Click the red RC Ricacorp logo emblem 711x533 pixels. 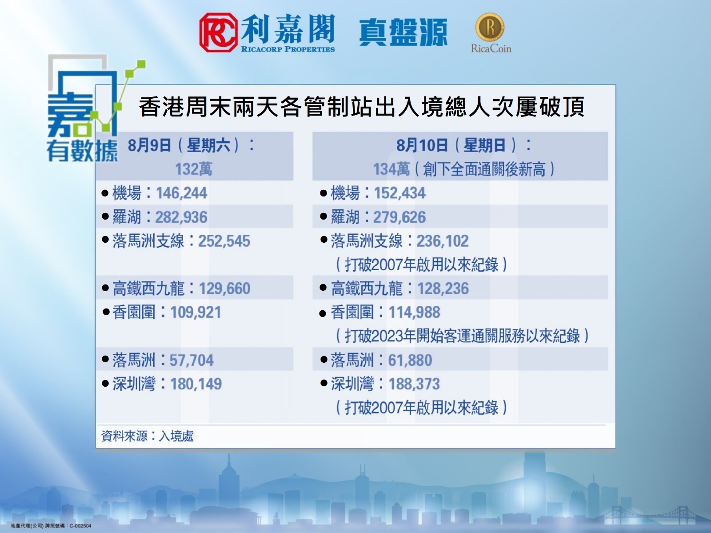[218, 32]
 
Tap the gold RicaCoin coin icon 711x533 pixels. [489, 27]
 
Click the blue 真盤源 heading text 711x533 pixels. [403, 32]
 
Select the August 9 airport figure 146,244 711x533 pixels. [181, 193]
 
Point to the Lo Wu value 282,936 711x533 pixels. [181, 217]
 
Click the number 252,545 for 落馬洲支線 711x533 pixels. [224, 241]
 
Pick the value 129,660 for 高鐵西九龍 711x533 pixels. [224, 289]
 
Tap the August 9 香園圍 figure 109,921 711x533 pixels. [196, 313]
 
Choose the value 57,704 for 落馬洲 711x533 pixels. [192, 361]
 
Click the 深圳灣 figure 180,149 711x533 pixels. [196, 384]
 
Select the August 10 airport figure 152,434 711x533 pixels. [399, 193]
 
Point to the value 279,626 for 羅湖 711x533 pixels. [399, 217]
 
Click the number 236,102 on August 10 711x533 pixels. [443, 241]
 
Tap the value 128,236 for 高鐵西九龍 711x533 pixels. [443, 289]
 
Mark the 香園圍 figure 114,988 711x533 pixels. [414, 313]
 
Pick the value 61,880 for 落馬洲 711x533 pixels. [410, 361]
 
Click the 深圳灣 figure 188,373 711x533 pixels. [414, 384]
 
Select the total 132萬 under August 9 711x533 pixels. [194, 169]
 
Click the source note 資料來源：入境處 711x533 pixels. [148, 436]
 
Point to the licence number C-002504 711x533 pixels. [80, 526]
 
